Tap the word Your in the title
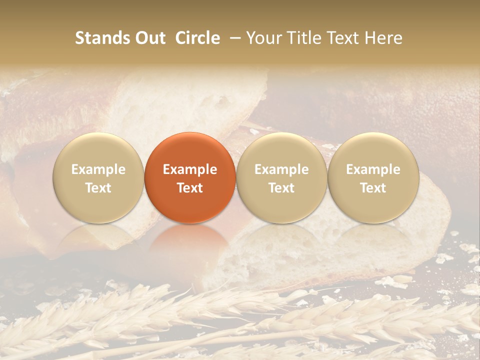pyautogui.click(x=262, y=38)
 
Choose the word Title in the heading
pyautogui.click(x=300, y=38)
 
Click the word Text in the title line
pyautogui.click(x=341, y=38)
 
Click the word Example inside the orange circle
pyautogui.click(x=190, y=169)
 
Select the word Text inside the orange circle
pyautogui.click(x=190, y=188)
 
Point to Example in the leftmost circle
pyautogui.click(x=98, y=169)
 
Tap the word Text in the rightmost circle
pyautogui.click(x=373, y=188)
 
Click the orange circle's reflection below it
pyautogui.click(x=190, y=240)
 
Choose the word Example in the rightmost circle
pyautogui.click(x=373, y=169)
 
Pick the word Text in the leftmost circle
pyautogui.click(x=98, y=188)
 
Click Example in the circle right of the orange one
pyautogui.click(x=281, y=169)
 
